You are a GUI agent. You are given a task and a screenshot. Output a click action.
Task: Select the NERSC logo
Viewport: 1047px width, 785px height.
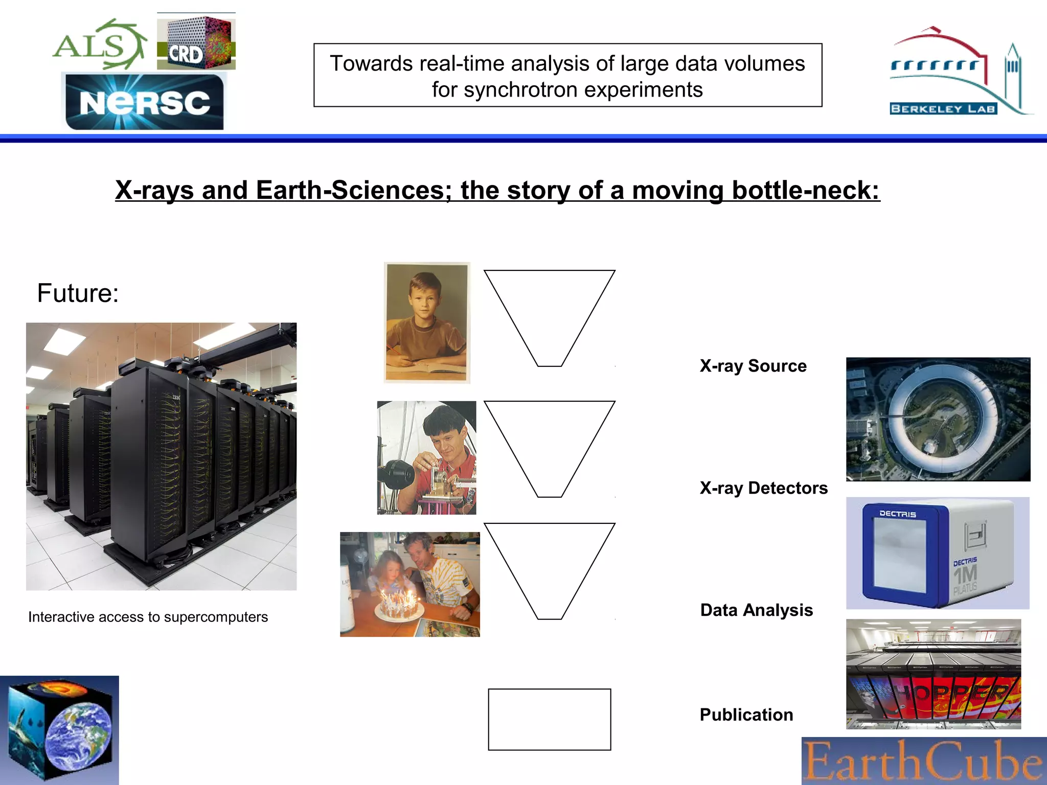coord(145,102)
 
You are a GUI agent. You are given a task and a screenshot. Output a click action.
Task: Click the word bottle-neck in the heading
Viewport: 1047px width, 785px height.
coord(806,190)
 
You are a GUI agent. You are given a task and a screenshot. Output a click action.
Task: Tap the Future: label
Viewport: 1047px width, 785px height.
coord(78,293)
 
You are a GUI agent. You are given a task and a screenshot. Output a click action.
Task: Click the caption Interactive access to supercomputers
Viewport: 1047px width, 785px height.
coord(148,617)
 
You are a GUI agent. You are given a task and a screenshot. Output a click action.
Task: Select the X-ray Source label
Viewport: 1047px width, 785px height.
coord(753,366)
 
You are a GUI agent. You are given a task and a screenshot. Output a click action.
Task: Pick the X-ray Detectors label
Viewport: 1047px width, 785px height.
coord(763,488)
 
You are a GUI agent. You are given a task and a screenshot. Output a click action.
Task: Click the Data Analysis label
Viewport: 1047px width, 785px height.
coord(756,610)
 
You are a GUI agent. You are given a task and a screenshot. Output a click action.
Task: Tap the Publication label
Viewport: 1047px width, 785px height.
coord(746,714)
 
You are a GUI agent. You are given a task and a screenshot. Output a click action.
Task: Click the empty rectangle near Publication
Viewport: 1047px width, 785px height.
coord(549,719)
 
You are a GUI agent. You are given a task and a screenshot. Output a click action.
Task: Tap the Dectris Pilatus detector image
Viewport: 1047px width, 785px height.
coord(937,553)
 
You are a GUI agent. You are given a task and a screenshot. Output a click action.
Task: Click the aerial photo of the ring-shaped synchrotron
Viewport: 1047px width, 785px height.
coord(938,419)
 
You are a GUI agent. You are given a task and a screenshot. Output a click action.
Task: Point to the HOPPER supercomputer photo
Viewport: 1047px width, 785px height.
coord(933,675)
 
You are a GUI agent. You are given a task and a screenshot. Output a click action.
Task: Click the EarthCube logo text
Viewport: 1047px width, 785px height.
coord(923,761)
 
